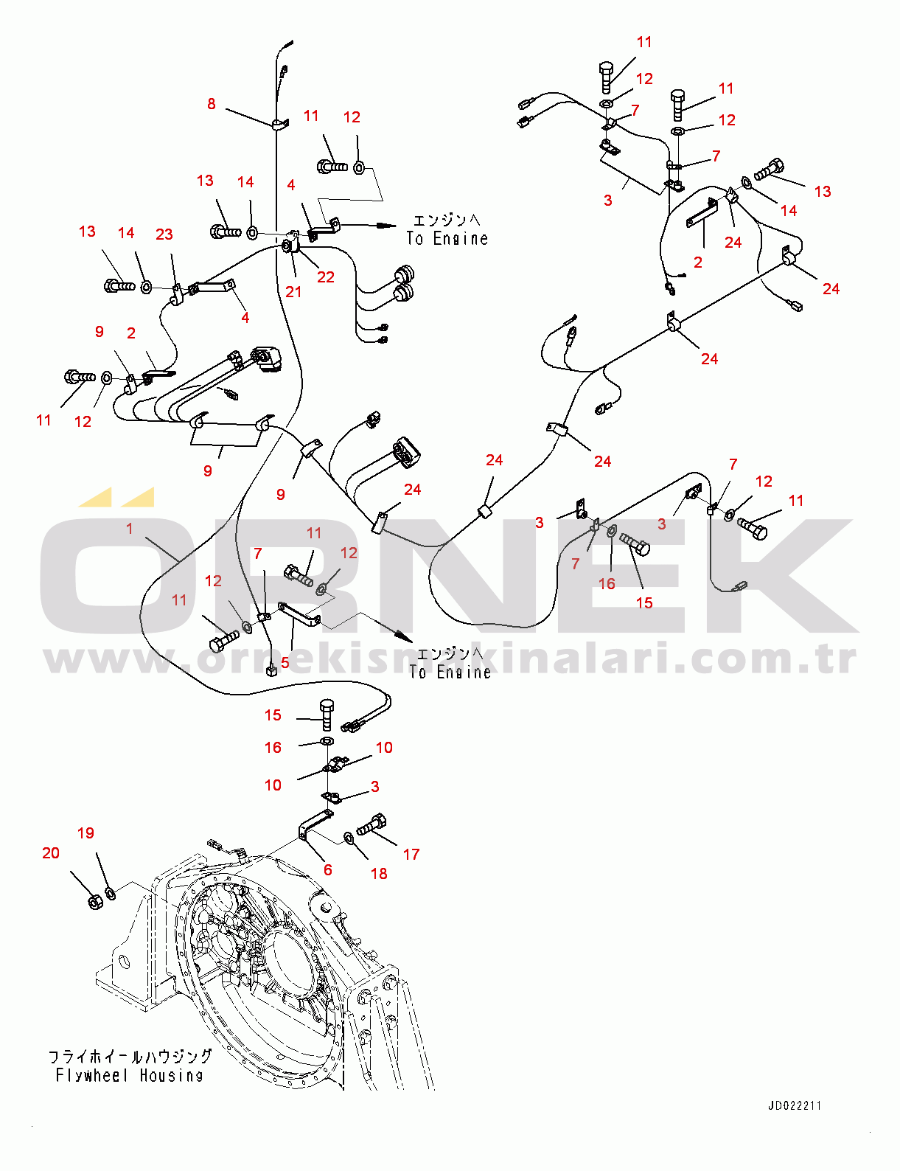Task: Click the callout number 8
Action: click(x=211, y=104)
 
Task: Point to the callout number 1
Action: click(x=129, y=529)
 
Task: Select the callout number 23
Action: click(x=164, y=234)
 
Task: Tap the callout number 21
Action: click(x=293, y=292)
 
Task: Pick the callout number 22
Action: click(x=325, y=277)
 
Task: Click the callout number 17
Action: click(x=411, y=854)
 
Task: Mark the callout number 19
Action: click(x=86, y=833)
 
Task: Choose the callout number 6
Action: click(x=327, y=869)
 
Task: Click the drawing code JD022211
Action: click(x=795, y=1106)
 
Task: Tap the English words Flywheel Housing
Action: click(x=129, y=1076)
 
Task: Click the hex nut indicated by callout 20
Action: click(x=95, y=901)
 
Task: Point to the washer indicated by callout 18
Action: click(x=349, y=838)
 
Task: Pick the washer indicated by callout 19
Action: click(x=111, y=894)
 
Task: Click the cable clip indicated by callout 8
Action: click(x=279, y=125)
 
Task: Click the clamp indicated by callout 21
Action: click(x=291, y=247)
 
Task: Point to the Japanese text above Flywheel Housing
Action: click(x=129, y=1057)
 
